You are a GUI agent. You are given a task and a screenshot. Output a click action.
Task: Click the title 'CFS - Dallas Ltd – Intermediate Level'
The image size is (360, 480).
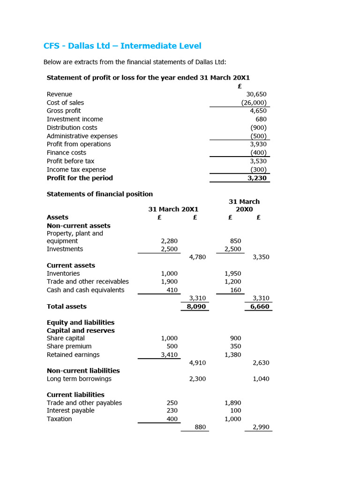pos(122,46)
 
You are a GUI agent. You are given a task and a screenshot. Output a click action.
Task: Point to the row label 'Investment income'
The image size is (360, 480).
pos(75,119)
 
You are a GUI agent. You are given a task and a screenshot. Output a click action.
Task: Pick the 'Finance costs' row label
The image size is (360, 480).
pos(66,152)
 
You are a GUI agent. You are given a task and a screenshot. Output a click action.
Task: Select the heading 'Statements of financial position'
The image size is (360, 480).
pos(99,194)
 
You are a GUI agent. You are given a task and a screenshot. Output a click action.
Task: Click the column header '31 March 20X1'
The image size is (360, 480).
pos(173,209)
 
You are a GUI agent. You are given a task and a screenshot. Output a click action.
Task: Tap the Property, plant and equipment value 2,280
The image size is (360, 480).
pos(169,241)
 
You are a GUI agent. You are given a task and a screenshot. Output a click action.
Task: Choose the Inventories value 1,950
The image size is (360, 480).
pos(233,273)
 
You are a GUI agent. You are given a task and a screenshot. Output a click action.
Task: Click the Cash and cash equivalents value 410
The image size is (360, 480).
pos(172,290)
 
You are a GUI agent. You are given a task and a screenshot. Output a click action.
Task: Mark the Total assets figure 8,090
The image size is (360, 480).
pos(196,307)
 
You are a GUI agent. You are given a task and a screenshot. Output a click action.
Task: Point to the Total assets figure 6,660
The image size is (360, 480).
pos(260,307)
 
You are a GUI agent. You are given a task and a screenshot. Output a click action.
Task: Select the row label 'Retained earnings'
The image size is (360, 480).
pos(73,355)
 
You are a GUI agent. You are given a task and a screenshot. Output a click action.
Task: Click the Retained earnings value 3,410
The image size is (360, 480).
pos(169,355)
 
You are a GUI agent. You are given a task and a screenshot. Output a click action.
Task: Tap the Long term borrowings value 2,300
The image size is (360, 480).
pos(197,379)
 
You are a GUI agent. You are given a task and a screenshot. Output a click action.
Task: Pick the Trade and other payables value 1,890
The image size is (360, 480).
pos(233,403)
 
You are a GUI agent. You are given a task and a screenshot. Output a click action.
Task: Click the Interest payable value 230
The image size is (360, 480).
pos(172,411)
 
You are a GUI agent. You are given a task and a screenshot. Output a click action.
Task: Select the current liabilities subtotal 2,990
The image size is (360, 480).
pos(261,427)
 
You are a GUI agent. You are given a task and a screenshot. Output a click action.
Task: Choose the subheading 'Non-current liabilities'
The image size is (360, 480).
pos(83,371)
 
